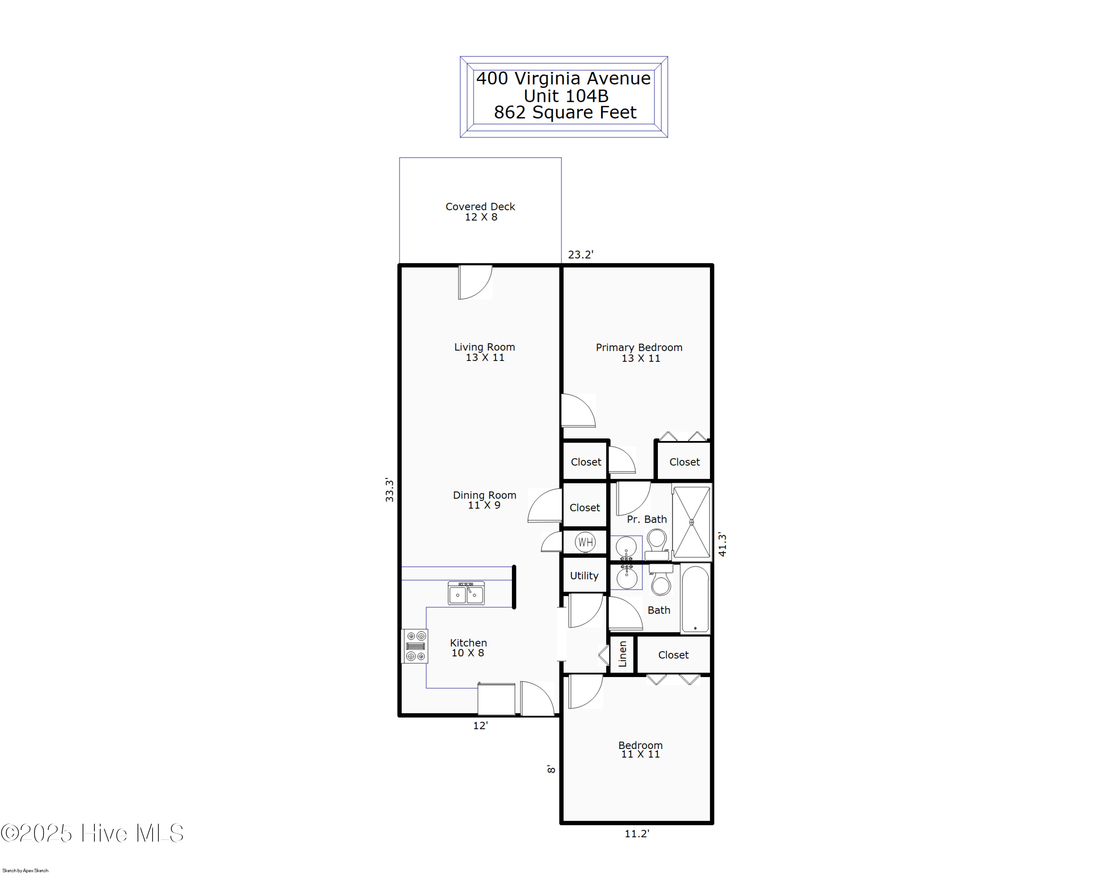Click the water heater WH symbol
(585, 542)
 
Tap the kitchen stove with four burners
(415, 646)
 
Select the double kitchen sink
(466, 593)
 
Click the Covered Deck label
(480, 206)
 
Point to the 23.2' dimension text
(581, 255)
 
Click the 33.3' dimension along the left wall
(389, 490)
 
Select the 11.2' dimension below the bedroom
(636, 833)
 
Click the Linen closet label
(622, 654)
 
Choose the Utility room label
(584, 576)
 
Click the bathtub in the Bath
(695, 599)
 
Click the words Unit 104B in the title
(566, 96)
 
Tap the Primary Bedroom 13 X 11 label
(639, 352)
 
